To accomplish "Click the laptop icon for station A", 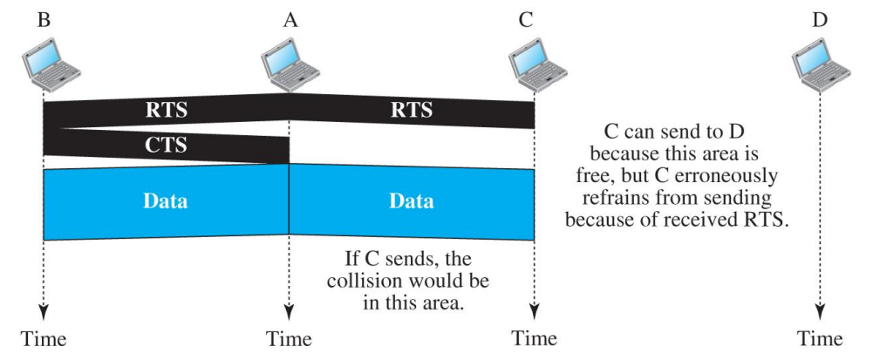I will pyautogui.click(x=289, y=63).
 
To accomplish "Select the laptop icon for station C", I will pyautogui.click(x=534, y=63).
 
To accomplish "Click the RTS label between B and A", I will pyautogui.click(x=166, y=111).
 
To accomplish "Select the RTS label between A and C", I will pyautogui.click(x=412, y=111).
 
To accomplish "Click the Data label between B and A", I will pyautogui.click(x=165, y=201).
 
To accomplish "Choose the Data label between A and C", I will pyautogui.click(x=411, y=201).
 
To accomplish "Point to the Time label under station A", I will pyautogui.click(x=289, y=338).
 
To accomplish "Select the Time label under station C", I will pyautogui.click(x=534, y=338).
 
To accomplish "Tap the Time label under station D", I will pyautogui.click(x=820, y=338).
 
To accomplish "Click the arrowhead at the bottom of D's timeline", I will pyautogui.click(x=820, y=311).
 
